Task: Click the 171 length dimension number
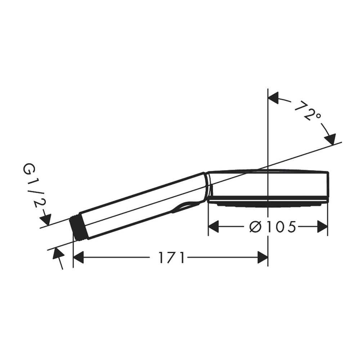tap(171, 258)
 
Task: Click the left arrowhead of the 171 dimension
tap(78, 258)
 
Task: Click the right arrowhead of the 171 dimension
tap(263, 258)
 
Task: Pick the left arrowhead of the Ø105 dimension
tap(213, 227)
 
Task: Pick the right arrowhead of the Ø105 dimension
tap(322, 227)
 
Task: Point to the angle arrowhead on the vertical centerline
tap(273, 98)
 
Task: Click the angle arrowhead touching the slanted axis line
tap(330, 139)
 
